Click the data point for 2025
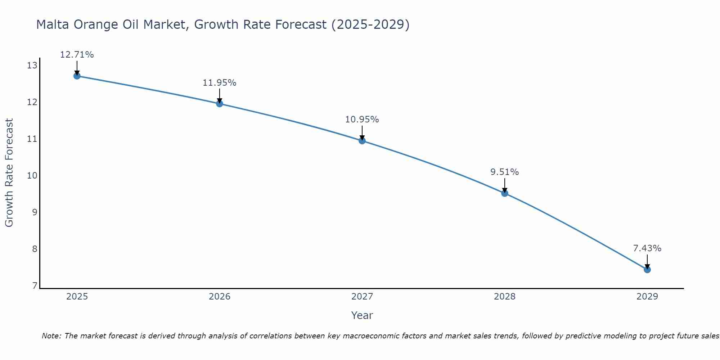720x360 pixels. [77, 76]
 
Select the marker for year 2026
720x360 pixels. [220, 104]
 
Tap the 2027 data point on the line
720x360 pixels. [362, 141]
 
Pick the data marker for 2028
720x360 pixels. [505, 193]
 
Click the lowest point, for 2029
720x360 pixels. [647, 270]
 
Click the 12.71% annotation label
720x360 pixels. [77, 55]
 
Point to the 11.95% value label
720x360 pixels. [220, 83]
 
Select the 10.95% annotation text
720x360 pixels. [362, 120]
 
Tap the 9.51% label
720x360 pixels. [505, 172]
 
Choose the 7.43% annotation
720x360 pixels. [647, 248]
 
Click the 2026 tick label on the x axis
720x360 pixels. [220, 297]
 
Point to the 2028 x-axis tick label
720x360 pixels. [505, 297]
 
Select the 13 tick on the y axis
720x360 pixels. [32, 66]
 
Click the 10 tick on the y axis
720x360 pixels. [32, 176]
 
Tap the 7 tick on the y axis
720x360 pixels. [35, 286]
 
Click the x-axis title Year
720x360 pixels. [362, 315]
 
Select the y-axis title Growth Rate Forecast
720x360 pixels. [9, 173]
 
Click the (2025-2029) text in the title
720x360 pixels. [370, 24]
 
